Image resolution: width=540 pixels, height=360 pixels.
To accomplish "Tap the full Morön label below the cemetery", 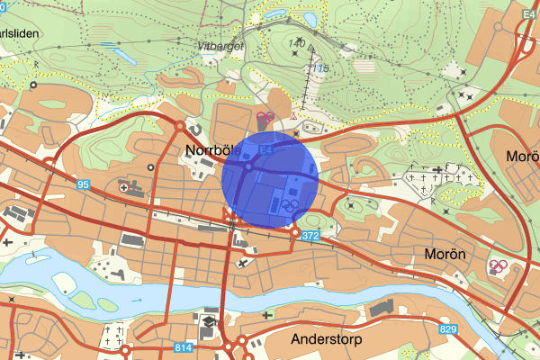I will tap(445, 255).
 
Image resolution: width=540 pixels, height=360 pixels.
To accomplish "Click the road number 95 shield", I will tap(83, 184).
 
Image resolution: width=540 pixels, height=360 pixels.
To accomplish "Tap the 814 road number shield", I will tap(183, 347).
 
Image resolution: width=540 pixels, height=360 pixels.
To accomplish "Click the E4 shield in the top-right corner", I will tap(527, 30).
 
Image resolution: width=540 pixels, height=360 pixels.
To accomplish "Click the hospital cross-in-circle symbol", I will tap(124, 187).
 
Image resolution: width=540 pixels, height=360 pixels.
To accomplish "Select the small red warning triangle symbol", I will tap(294, 117).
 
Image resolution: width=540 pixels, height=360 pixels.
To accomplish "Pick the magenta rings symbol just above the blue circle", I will tap(265, 117).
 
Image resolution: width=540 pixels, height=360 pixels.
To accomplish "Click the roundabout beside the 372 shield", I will tap(294, 234).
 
